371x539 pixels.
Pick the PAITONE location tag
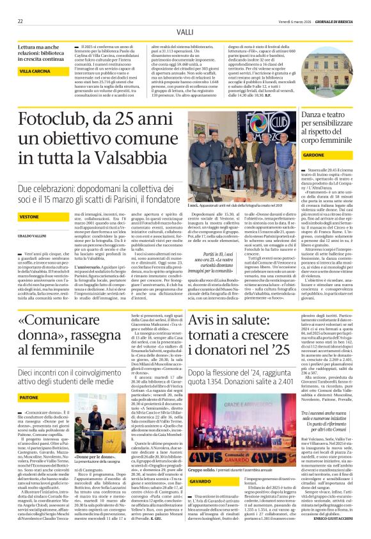click(29, 398)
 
